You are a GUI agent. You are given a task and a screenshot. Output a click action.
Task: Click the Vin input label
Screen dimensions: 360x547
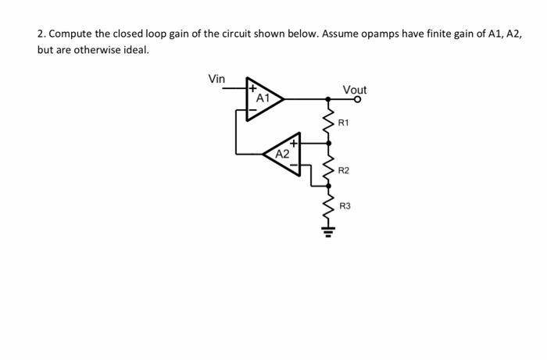pyautogui.click(x=216, y=79)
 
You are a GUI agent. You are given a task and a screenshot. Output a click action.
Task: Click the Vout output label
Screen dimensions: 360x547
pyautogui.click(x=354, y=90)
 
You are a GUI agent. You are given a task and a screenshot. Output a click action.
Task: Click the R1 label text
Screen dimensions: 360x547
pyautogui.click(x=344, y=123)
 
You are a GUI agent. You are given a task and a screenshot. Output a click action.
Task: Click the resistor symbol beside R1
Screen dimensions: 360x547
pyautogui.click(x=328, y=121)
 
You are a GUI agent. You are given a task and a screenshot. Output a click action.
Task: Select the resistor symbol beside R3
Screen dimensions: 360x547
pyautogui.click(x=328, y=206)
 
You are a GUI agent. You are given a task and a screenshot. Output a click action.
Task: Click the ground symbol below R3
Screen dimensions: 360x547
pyautogui.click(x=328, y=231)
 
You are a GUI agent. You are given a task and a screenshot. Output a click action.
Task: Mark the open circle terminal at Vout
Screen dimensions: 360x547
pyautogui.click(x=359, y=99)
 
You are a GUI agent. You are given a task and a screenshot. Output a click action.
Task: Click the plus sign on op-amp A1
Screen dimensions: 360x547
pyautogui.click(x=252, y=89)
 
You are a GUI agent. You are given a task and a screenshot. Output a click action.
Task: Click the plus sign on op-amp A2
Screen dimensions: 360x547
pyautogui.click(x=294, y=143)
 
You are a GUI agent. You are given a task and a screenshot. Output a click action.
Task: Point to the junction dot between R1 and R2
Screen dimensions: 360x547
pyautogui.click(x=328, y=143)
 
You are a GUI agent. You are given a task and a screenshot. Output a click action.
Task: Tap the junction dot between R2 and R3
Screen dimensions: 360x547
pyautogui.click(x=328, y=187)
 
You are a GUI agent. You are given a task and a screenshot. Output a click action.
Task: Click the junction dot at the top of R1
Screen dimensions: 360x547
pyautogui.click(x=328, y=99)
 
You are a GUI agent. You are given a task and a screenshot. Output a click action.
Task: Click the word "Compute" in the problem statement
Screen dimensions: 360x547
pyautogui.click(x=72, y=35)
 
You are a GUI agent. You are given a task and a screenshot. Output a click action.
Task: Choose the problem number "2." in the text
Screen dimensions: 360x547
pyautogui.click(x=41, y=35)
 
